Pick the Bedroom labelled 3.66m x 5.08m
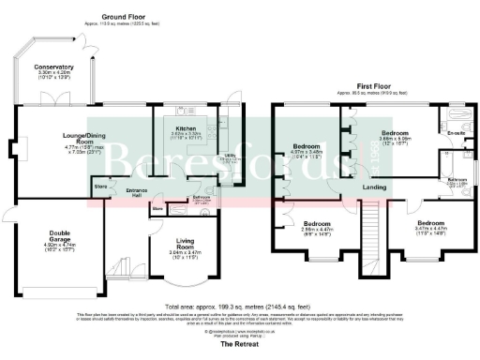point(396,133)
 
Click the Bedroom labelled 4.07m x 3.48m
point(307,147)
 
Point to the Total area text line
point(239,306)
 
